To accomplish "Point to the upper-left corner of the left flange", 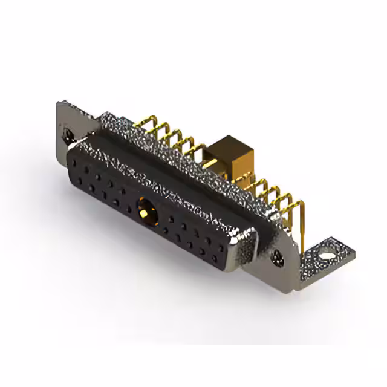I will [59, 104].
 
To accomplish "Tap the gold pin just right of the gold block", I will [257, 181].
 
